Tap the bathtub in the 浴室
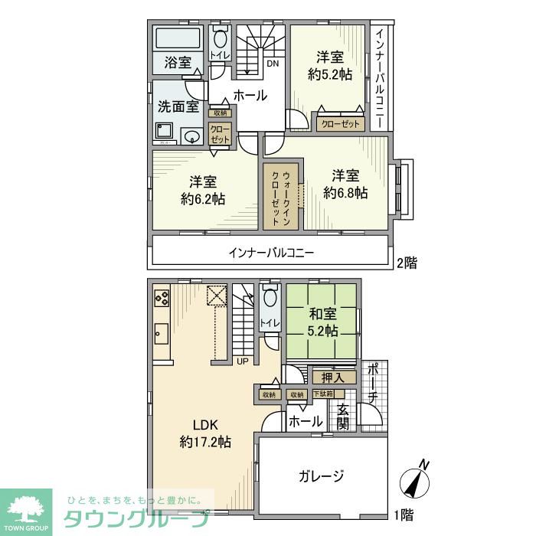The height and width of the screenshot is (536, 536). pyautogui.click(x=178, y=38)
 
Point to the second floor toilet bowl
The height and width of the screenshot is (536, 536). pyautogui.click(x=221, y=38)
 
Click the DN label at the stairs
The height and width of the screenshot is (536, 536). pyautogui.click(x=272, y=64)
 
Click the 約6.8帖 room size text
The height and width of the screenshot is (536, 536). pyautogui.click(x=345, y=193)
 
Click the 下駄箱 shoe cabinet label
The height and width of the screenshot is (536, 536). pyautogui.click(x=323, y=394)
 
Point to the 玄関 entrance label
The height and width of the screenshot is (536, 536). pyautogui.click(x=342, y=417)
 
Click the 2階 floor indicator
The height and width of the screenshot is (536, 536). pyautogui.click(x=406, y=263)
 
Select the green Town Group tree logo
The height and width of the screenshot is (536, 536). pyautogui.click(x=26, y=510)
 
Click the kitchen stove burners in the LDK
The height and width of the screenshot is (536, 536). pyautogui.click(x=162, y=296)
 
